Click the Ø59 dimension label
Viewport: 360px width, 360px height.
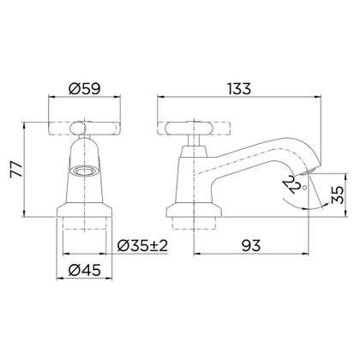(85, 89)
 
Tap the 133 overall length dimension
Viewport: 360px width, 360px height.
(239, 89)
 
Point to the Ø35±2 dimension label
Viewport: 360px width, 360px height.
(142, 246)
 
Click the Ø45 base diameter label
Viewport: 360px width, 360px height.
(85, 270)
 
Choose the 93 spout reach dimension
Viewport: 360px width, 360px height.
(251, 246)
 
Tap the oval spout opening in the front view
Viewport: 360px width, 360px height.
(84, 171)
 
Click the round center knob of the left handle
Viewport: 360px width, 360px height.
(77, 128)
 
